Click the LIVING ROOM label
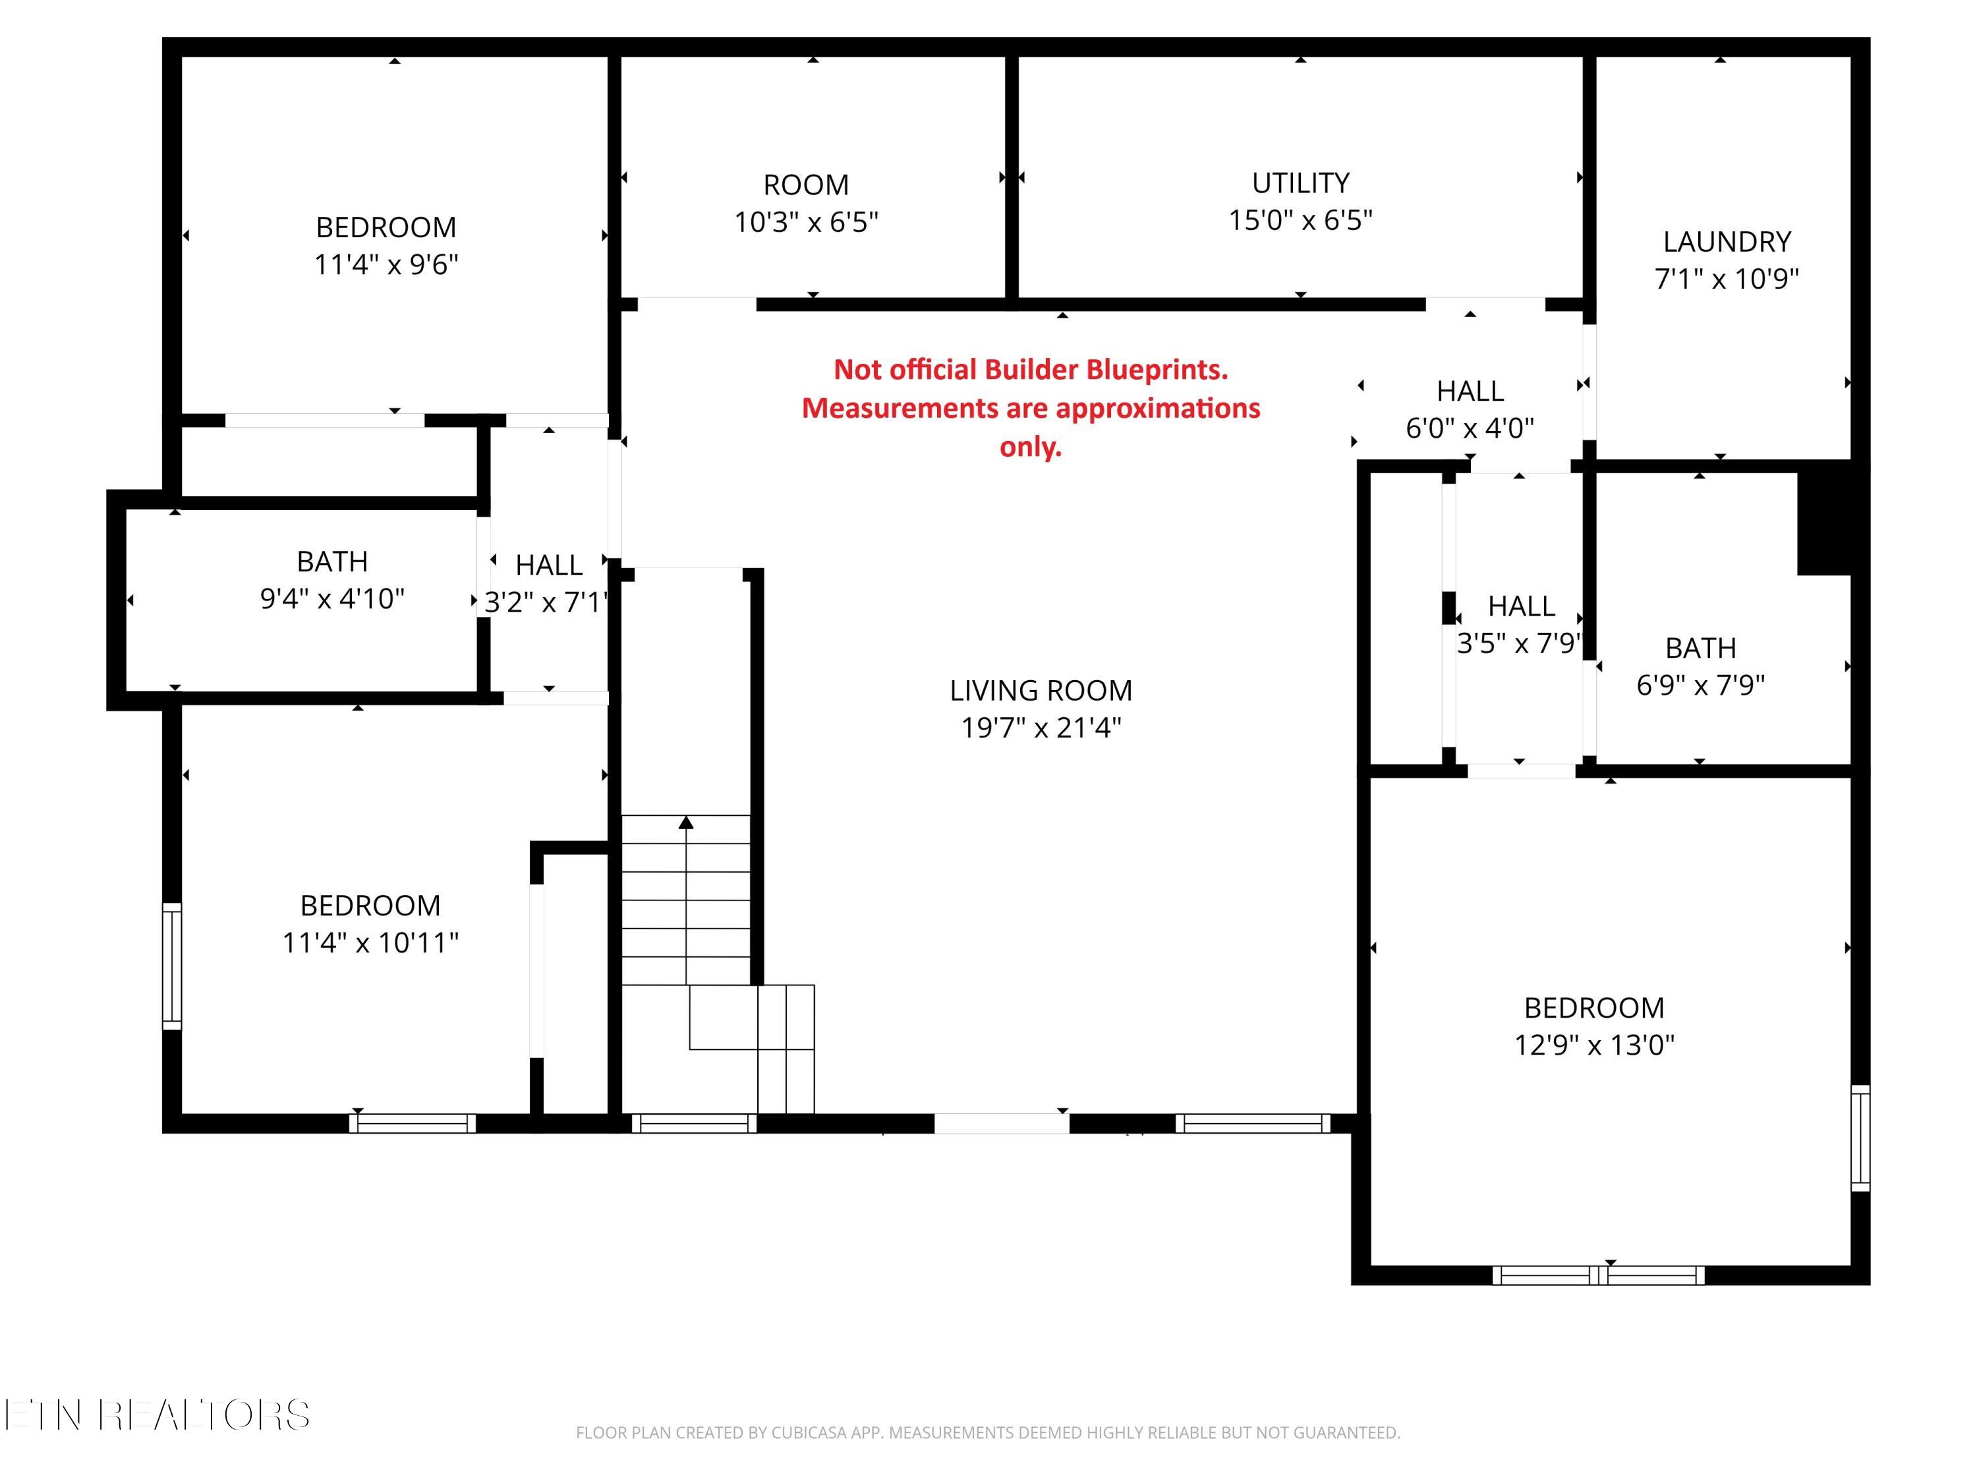[x=1041, y=690]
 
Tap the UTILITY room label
[x=1300, y=183]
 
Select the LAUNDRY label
[x=1727, y=243]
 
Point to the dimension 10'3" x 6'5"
[x=806, y=221]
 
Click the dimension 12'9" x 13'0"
[x=1595, y=1045]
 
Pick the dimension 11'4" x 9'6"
[x=386, y=264]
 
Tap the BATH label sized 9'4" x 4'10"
[x=333, y=562]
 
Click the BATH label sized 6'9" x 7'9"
[x=1701, y=648]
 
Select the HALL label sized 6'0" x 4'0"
[x=1470, y=392]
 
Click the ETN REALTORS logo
[x=158, y=1415]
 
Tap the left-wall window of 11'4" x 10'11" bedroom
[x=171, y=966]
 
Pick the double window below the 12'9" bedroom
[x=1598, y=1275]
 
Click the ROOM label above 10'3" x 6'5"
[x=806, y=185]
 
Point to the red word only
[x=1031, y=447]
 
